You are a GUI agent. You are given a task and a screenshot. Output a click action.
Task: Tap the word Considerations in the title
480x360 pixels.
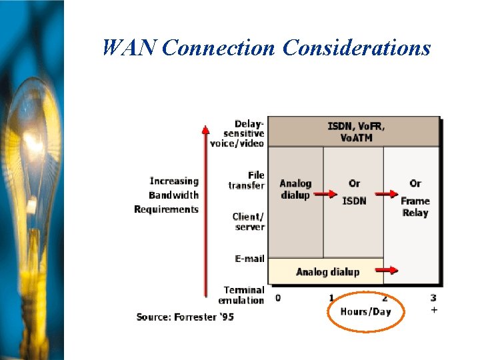click(357, 47)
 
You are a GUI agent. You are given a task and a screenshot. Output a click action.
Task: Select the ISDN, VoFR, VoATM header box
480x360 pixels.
click(356, 131)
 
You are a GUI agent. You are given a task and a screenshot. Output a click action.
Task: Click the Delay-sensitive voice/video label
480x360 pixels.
click(238, 133)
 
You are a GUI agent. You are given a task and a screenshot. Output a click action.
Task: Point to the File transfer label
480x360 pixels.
click(247, 181)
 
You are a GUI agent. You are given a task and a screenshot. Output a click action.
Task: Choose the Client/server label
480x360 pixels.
click(249, 222)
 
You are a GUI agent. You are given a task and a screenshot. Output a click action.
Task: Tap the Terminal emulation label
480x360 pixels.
click(244, 295)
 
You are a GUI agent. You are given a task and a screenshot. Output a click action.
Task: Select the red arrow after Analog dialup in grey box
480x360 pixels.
click(325, 195)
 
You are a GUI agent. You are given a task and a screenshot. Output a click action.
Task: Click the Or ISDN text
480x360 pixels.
click(354, 192)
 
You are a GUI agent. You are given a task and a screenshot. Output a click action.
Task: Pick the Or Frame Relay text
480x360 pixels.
click(415, 198)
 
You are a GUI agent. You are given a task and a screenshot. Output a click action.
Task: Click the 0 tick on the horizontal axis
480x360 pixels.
click(277, 298)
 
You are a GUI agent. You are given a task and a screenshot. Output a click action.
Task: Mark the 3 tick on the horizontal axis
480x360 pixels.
click(433, 298)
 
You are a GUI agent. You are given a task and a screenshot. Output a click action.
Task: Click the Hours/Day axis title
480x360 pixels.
click(365, 311)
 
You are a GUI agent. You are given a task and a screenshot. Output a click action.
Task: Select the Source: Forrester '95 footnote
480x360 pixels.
click(185, 317)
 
